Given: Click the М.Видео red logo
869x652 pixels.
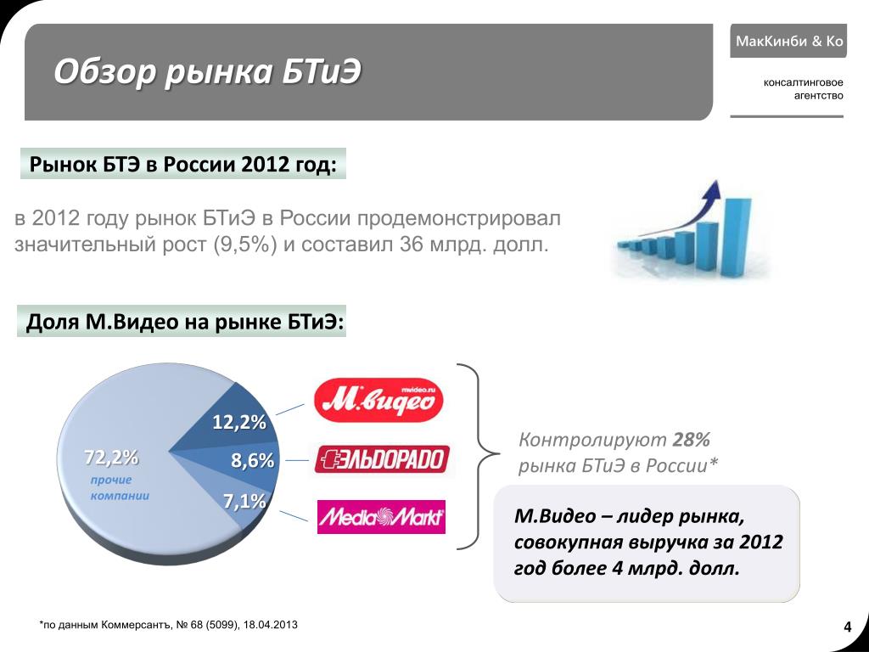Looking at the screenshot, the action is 378,400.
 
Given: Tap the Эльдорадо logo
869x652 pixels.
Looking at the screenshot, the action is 382,459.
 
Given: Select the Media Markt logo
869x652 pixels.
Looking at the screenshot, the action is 381,517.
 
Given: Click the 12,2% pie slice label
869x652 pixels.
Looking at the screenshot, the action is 239,423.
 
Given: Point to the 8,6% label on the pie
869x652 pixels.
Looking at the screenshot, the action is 253,460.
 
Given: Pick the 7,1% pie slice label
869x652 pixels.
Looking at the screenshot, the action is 244,501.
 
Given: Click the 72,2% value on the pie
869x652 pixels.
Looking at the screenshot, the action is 111,458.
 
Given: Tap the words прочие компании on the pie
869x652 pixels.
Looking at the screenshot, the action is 120,487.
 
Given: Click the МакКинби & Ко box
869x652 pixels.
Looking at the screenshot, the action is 788,41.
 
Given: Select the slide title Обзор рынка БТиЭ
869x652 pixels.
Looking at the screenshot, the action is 207,71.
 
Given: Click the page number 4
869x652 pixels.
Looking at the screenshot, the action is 848,627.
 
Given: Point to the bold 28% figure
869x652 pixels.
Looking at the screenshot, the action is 691,440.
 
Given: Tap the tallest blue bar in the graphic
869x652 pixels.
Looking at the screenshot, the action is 737,238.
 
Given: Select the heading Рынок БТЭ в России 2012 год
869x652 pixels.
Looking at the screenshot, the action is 183,164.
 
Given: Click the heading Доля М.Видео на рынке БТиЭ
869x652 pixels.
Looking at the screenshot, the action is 185,322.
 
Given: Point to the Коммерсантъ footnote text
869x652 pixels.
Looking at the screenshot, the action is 169,625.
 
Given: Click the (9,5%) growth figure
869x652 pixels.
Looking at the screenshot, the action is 245,244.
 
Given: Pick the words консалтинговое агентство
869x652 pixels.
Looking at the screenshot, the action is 803,89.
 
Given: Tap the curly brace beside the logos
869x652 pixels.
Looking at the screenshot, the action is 478,456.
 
